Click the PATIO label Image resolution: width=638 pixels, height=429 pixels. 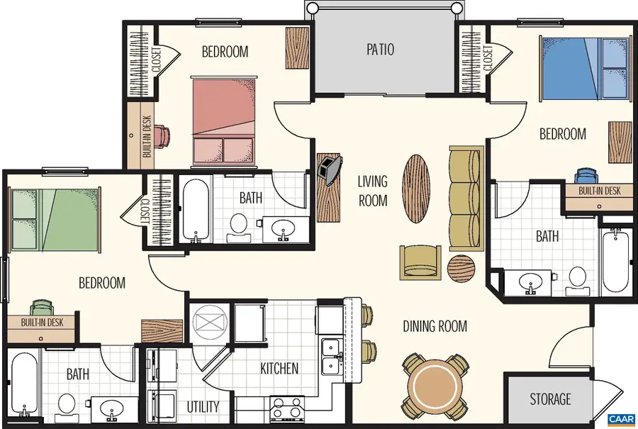coord(380,50)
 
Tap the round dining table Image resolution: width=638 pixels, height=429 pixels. coord(437,386)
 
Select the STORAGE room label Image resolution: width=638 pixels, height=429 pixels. coord(550,399)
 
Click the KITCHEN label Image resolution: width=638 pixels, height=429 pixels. coord(279,369)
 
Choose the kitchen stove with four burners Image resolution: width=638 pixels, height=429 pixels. coord(287,409)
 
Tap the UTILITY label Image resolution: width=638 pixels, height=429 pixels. coord(203,407)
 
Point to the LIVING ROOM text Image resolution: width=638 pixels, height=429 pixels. coord(372,191)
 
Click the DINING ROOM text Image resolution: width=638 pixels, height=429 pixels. coord(435,326)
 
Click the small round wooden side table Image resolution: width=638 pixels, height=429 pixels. coord(461,269)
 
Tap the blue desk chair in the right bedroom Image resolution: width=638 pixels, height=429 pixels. coord(586,176)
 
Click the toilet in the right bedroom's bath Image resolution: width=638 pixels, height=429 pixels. coord(577,280)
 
